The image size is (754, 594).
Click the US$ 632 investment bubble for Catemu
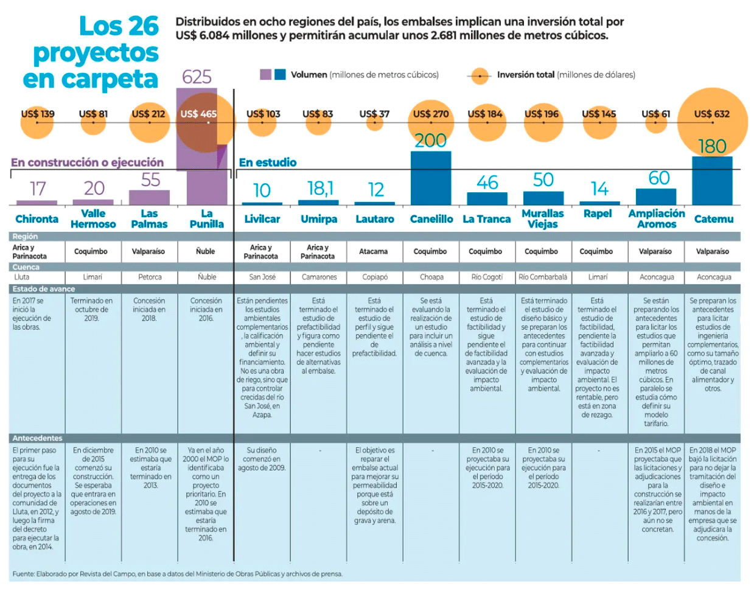(713, 123)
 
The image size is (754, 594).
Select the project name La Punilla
(207, 219)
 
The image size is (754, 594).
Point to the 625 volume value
(197, 77)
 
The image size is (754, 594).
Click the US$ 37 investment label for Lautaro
(374, 114)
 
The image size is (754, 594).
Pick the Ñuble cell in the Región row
(206, 251)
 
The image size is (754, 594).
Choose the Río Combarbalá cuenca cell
(543, 277)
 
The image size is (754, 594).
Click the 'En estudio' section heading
(268, 162)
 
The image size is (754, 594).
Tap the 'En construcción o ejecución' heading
(87, 162)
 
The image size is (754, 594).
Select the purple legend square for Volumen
(265, 75)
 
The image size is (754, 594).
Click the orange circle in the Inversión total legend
(481, 76)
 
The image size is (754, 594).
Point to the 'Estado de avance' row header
(44, 289)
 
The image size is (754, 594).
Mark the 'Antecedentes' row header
(38, 438)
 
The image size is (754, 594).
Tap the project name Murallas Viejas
(543, 219)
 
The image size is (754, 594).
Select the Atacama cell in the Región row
(374, 251)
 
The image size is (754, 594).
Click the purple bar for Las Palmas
(150, 198)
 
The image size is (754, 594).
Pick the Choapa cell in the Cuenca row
(431, 277)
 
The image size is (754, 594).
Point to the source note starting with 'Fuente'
(177, 574)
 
